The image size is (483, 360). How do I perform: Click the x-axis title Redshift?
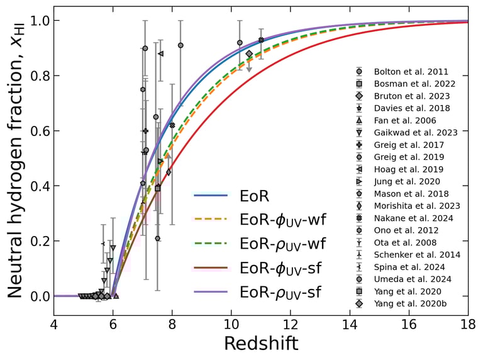coord(261,343)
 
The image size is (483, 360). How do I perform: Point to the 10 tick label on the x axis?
coord(231,326)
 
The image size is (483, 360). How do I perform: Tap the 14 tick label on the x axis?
coord(350,326)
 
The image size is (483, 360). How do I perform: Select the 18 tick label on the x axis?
coord(468,326)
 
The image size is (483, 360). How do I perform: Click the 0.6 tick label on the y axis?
coord(36,131)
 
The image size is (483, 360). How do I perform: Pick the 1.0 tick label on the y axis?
coord(36,21)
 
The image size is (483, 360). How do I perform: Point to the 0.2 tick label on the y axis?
coord(36,241)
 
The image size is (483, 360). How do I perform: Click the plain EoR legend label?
coord(254,196)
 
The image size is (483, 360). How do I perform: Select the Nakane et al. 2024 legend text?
coord(411,218)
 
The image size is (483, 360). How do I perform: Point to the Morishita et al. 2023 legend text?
coord(417,206)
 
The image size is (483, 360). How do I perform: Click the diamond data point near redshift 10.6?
coord(249,54)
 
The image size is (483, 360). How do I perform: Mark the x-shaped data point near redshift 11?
coord(261,40)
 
